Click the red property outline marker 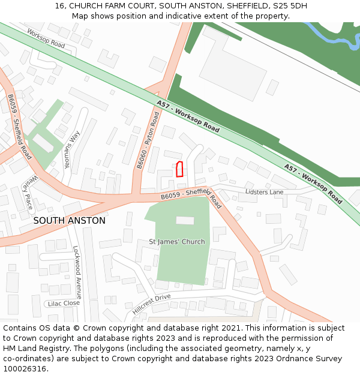[x=179, y=169]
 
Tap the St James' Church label [x=176, y=242]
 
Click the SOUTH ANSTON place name [x=69, y=221]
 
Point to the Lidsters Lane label [x=264, y=192]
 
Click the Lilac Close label [x=64, y=304]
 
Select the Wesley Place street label [x=28, y=191]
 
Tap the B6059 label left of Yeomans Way [x=20, y=126]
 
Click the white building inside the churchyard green [x=185, y=220]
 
